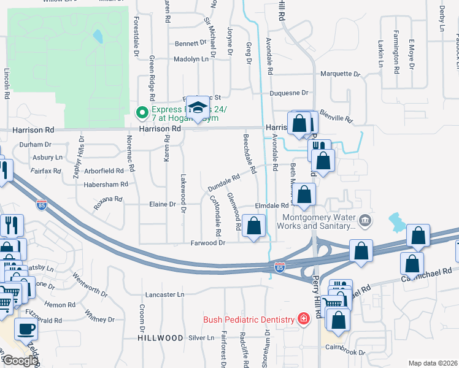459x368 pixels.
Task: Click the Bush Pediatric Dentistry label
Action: [x=250, y=319]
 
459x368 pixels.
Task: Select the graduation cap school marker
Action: [x=198, y=109]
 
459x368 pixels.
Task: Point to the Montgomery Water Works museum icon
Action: [x=365, y=220]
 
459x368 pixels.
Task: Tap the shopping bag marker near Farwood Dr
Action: [x=254, y=226]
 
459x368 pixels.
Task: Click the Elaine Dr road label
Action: [x=163, y=204]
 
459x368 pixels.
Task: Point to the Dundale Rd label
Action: [x=223, y=182]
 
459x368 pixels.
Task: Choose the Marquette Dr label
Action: [x=341, y=74]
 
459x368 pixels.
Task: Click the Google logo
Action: [x=20, y=361]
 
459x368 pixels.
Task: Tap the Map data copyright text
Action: [x=432, y=363]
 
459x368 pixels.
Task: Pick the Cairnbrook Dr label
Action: [x=345, y=353]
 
